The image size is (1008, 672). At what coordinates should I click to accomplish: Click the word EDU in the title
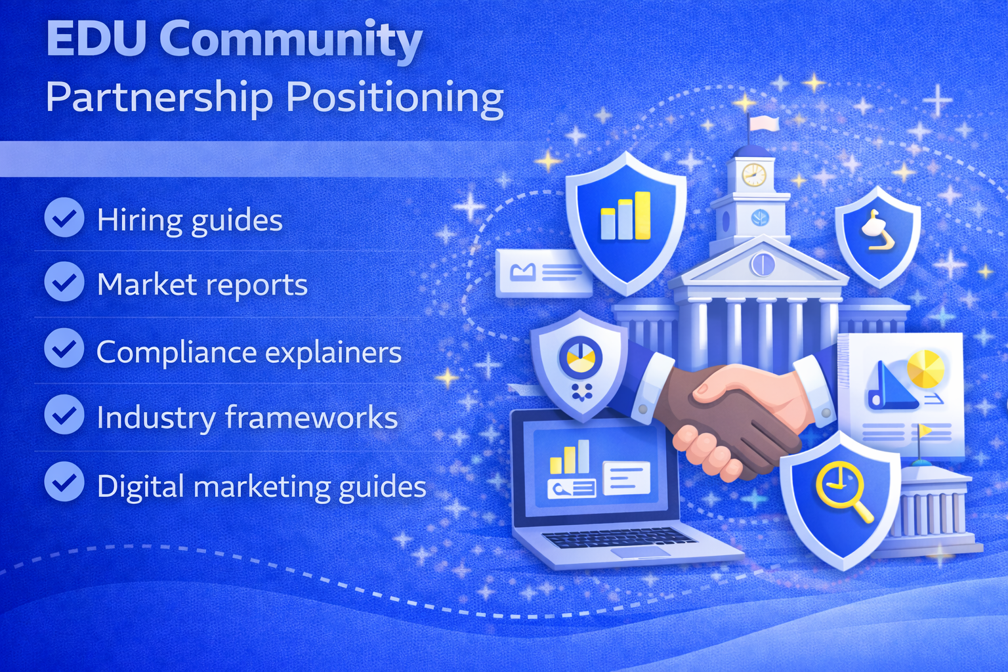coord(96,39)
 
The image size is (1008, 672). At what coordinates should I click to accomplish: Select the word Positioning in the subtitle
coord(394,98)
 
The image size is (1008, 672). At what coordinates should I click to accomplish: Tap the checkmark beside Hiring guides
coord(64,217)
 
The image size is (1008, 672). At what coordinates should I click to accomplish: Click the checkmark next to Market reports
coord(64,282)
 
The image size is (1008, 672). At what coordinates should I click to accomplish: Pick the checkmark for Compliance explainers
coord(64,348)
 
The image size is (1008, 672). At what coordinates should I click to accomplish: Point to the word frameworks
coord(311,418)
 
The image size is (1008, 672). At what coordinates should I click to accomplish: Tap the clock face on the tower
coord(753,175)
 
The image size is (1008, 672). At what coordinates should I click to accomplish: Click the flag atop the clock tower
coord(765,123)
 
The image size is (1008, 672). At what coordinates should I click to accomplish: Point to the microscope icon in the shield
coord(877,231)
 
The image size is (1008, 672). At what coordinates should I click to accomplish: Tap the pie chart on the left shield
coord(577,357)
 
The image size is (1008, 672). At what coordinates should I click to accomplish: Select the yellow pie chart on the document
coord(925,369)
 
